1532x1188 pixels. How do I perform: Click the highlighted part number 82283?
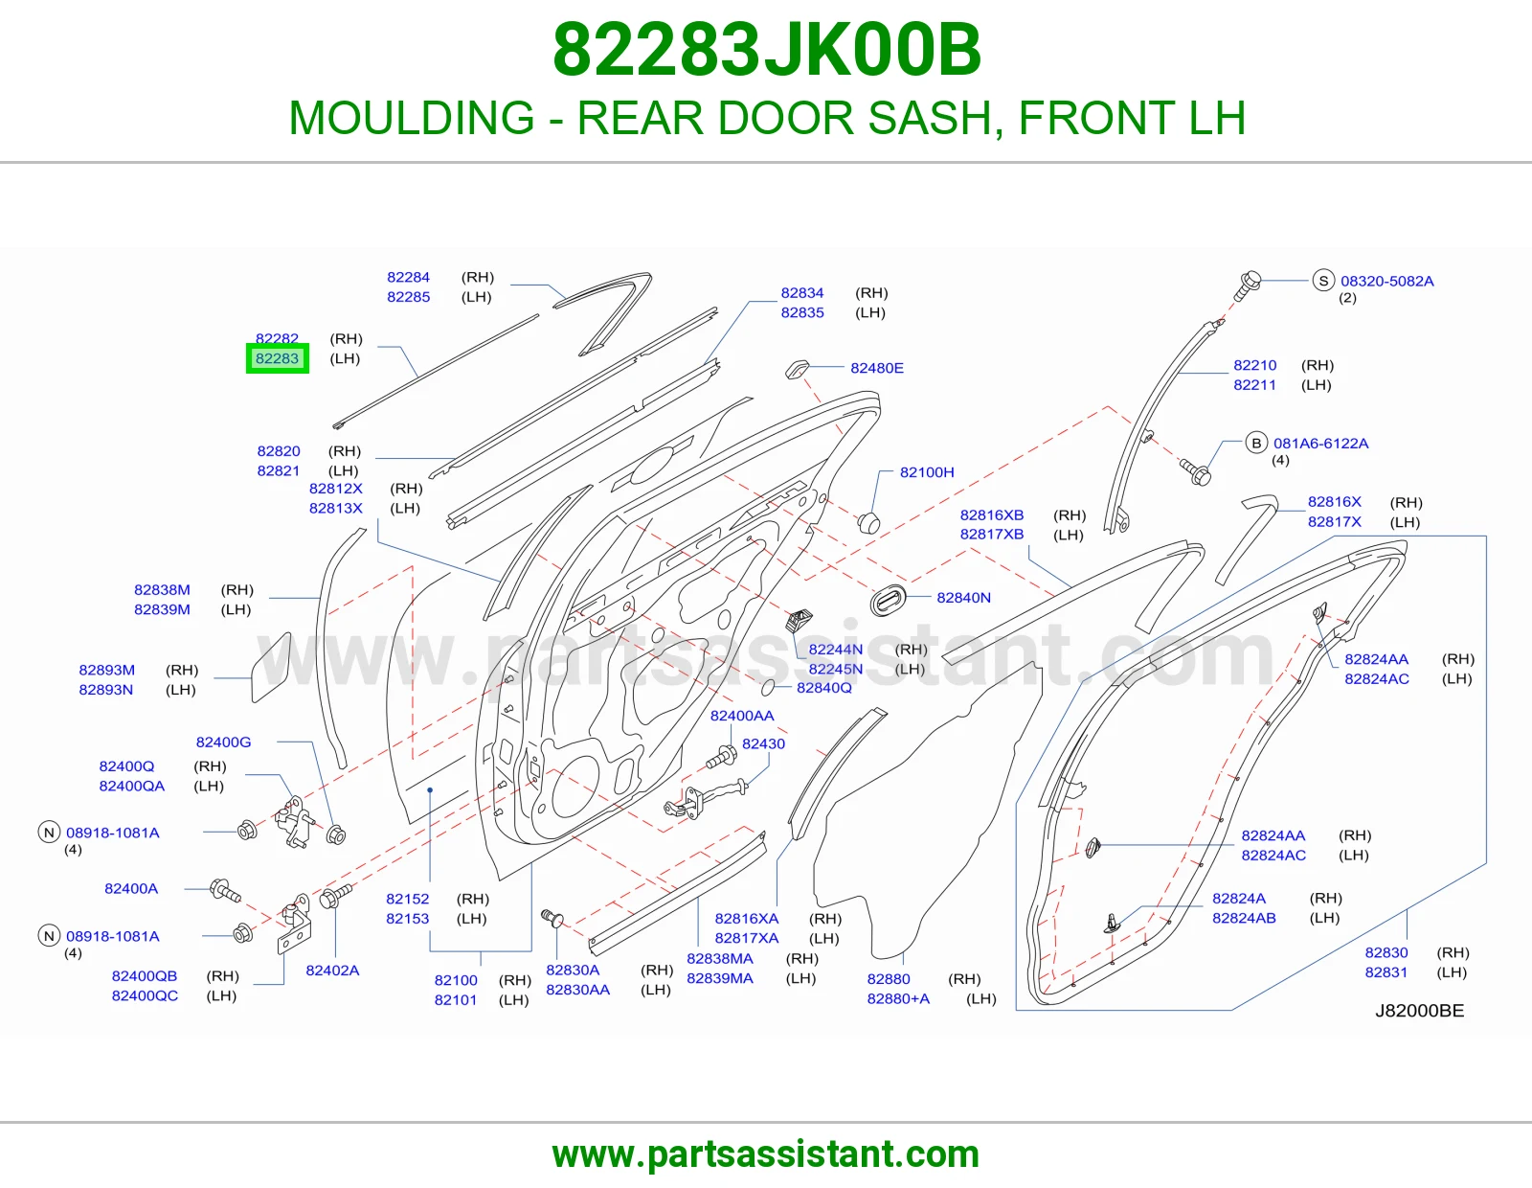[277, 358]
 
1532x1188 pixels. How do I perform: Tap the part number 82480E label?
[876, 368]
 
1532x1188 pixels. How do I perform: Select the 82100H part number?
[927, 472]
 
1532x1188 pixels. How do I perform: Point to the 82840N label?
[963, 598]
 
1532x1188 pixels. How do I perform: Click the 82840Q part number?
[823, 687]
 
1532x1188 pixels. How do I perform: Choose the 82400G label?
[223, 742]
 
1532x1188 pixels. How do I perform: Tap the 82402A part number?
[332, 970]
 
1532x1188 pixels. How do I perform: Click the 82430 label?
[763, 743]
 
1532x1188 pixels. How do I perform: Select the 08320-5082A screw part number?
[1386, 281]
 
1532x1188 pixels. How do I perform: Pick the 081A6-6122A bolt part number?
[1320, 443]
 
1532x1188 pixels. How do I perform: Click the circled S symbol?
[1323, 281]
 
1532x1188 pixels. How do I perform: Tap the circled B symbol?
[1255, 443]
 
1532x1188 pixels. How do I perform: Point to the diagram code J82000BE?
[1419, 1011]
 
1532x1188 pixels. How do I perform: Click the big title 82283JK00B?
[766, 50]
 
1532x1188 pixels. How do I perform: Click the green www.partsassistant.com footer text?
[766, 1154]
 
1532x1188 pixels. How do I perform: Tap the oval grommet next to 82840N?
[888, 600]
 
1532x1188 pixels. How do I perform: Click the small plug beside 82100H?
[868, 523]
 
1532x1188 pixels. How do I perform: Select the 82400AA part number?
[742, 716]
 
